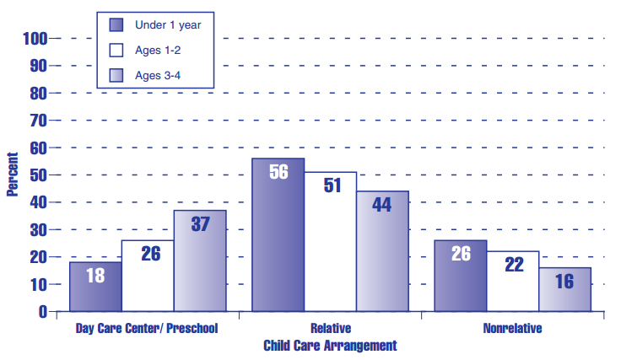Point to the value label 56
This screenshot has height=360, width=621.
pos(279,171)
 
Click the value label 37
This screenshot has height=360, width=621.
pos(200,224)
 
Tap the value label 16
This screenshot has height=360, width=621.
pos(564,281)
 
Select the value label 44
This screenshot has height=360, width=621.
pos(382,205)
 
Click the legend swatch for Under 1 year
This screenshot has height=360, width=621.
pos(116,24)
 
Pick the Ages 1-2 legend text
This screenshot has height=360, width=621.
pos(158,50)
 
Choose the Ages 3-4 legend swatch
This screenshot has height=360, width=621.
pos(116,76)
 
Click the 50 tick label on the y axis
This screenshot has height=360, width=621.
pos(40,175)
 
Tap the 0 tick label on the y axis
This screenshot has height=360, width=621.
pos(43,312)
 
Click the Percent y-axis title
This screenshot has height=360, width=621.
pos(13,174)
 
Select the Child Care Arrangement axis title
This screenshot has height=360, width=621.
pos(330,346)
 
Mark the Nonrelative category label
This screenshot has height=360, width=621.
pos(512,329)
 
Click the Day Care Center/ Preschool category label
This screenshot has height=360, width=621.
pos(148,329)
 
